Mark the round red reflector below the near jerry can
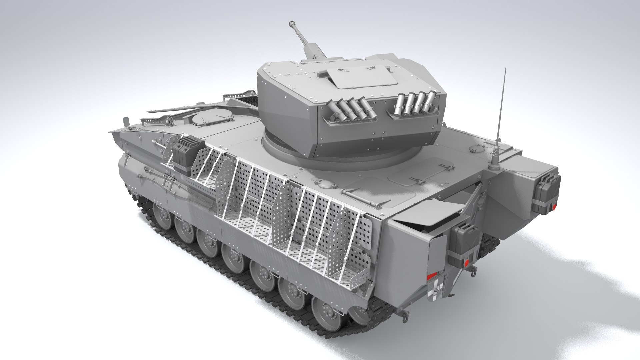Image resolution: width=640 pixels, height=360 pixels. click(467, 265)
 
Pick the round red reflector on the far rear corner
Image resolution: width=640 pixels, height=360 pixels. click(554, 207)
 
